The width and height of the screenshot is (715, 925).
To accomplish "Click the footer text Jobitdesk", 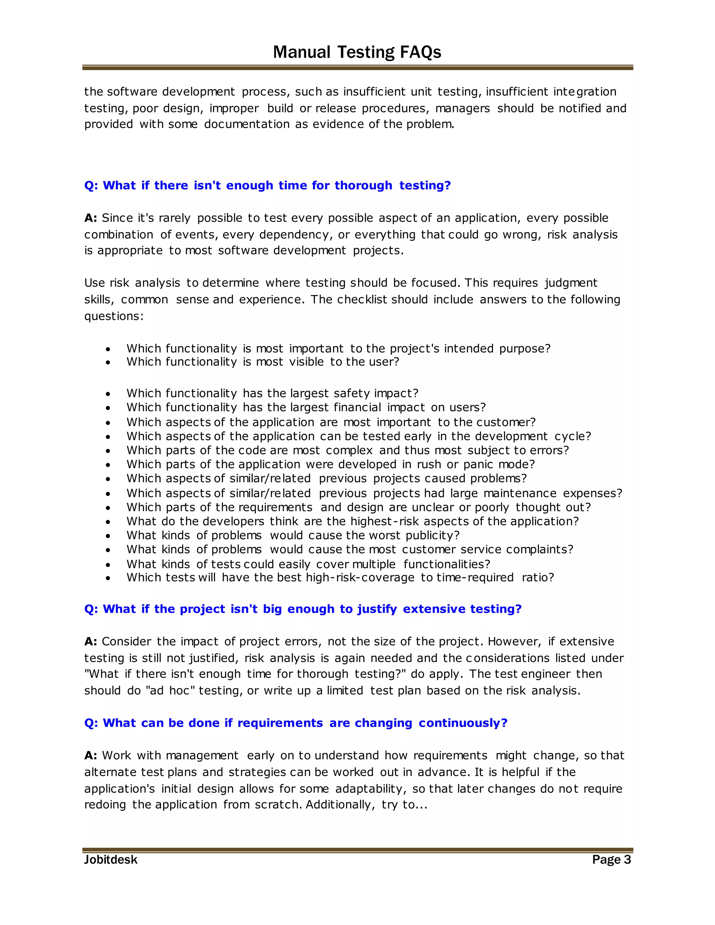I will point(111,859).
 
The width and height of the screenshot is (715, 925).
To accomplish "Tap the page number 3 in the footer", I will point(627,859).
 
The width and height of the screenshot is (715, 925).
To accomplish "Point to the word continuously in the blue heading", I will point(463,723).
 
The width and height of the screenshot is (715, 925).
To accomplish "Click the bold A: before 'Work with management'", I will point(91,756).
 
